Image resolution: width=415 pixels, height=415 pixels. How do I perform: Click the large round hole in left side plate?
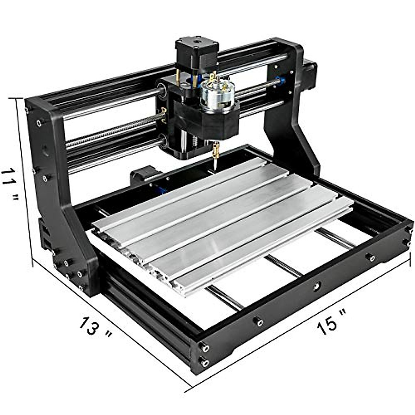coord(45,150)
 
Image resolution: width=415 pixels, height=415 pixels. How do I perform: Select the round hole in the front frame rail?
coord(316,286)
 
